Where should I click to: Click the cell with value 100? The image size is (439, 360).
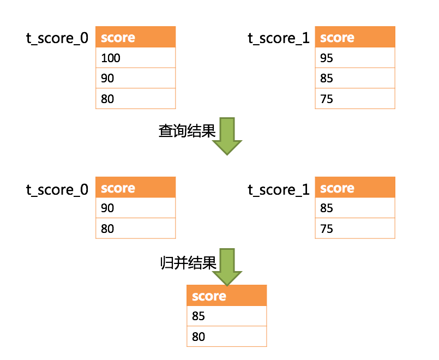coord(135,58)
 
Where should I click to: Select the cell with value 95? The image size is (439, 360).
coord(354,58)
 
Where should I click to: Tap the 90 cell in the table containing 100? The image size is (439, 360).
coord(135,79)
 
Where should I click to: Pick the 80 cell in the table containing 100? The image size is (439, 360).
coord(135,99)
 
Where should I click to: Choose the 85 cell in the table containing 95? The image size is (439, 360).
coord(354,79)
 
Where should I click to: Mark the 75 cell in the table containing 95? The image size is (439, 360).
coord(354,99)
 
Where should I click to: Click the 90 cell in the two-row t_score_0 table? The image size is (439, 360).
coord(135,208)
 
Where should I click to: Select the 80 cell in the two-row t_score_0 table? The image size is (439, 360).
coord(135,229)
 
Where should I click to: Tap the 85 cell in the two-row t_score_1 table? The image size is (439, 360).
coord(354,208)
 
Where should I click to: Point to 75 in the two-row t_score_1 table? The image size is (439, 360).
coord(354,229)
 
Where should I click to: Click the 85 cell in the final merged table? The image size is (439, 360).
coord(226,316)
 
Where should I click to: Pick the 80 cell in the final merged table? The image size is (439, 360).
coord(226,337)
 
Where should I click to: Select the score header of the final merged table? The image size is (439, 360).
coord(226,296)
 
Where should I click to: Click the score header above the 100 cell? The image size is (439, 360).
coord(135,37)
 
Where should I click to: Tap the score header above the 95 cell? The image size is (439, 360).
coord(354,37)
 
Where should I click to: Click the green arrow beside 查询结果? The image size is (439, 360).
coord(227,136)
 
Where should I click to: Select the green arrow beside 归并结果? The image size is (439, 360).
coord(227,267)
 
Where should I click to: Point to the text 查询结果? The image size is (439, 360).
coord(187,131)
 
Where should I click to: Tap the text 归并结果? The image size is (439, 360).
coord(187,263)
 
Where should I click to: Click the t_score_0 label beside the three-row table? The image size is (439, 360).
coord(57,38)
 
